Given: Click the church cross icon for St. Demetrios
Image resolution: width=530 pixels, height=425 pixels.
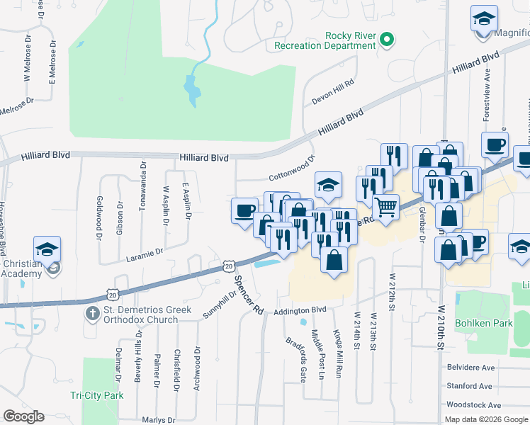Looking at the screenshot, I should click(91, 313).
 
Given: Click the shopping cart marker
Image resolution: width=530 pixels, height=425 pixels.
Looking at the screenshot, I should click(385, 208).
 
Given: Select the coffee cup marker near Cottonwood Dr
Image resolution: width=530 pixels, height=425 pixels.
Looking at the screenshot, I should click(245, 210).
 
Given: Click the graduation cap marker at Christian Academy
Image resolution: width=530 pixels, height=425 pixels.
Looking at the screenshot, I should click(47, 249).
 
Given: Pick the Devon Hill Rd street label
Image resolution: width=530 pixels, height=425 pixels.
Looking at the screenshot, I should click(332, 92).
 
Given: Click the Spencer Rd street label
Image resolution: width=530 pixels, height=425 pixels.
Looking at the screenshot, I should click(249, 295).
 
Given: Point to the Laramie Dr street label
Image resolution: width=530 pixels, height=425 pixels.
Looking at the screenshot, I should click(145, 251).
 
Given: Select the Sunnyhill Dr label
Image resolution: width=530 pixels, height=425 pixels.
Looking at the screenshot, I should click(219, 306).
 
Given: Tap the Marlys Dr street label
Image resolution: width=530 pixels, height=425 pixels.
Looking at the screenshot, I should click(157, 419).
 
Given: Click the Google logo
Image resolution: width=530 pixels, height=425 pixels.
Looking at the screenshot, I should click(23, 416).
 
